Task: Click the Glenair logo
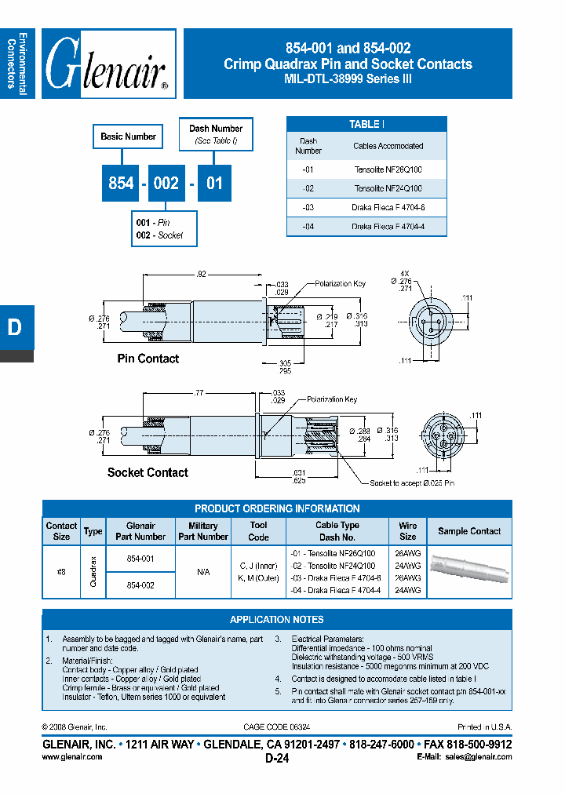pos(108,64)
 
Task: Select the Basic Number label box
pos(128,137)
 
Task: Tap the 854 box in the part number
pos(121,183)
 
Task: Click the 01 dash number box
pos(214,183)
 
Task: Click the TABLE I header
pos(366,125)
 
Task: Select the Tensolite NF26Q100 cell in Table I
pos(388,169)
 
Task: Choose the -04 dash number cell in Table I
pos(308,227)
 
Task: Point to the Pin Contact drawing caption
pos(148,359)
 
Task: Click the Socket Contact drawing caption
pos(148,472)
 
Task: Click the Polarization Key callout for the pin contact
pos(341,283)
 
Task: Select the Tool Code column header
pos(259,531)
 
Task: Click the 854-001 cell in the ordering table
pos(140,559)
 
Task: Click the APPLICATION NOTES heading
pos(276,619)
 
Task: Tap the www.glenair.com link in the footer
pos(71,757)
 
